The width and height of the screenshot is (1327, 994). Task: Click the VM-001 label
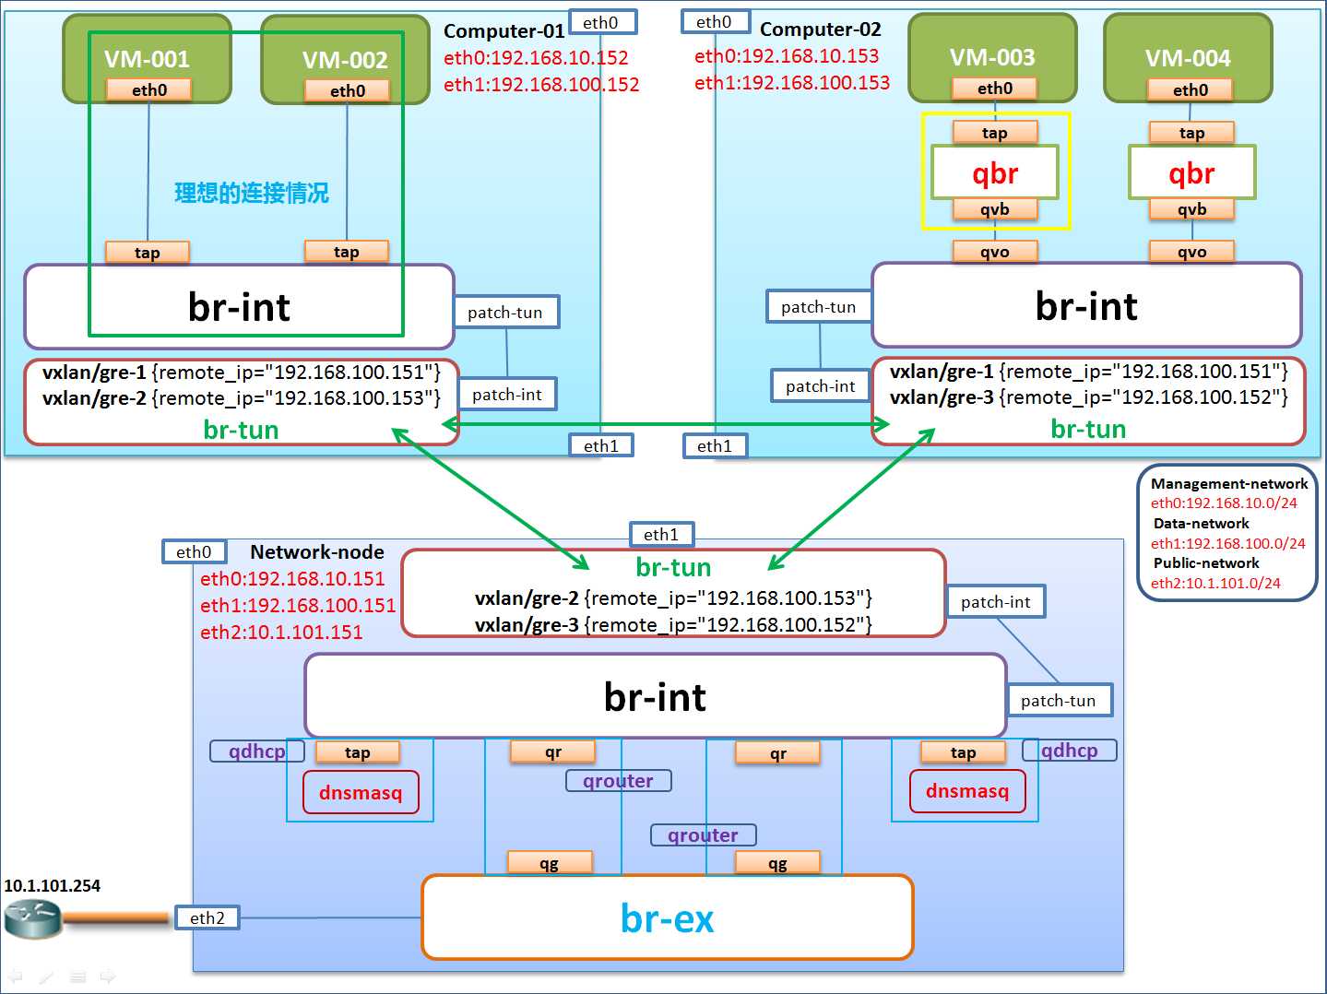point(147,59)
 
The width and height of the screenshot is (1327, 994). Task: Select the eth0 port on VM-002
point(348,90)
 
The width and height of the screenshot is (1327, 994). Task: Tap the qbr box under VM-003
point(995,172)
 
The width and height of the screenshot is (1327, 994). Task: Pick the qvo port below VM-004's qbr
point(1191,252)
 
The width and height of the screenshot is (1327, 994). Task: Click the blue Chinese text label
point(251,193)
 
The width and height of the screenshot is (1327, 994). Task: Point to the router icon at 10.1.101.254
point(32,918)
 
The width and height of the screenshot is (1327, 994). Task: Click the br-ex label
point(667,918)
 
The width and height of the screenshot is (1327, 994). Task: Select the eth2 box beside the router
point(207,917)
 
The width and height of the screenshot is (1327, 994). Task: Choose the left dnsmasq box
point(361,792)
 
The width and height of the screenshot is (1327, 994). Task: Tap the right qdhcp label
point(1070,751)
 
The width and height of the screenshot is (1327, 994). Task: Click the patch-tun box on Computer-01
point(505,313)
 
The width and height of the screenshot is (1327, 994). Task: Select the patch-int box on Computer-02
point(820,386)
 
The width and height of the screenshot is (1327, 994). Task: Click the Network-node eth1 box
point(661,534)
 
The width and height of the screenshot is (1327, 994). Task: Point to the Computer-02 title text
point(820,30)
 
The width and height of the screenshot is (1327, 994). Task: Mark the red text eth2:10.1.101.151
point(281,633)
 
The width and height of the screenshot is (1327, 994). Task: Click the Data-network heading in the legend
point(1201,524)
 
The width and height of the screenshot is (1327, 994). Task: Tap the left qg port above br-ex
point(549,863)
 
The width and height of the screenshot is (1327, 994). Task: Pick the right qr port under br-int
point(777,753)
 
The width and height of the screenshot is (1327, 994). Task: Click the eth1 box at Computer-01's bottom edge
point(601,446)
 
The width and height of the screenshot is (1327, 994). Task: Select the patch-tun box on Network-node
point(1058,701)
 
